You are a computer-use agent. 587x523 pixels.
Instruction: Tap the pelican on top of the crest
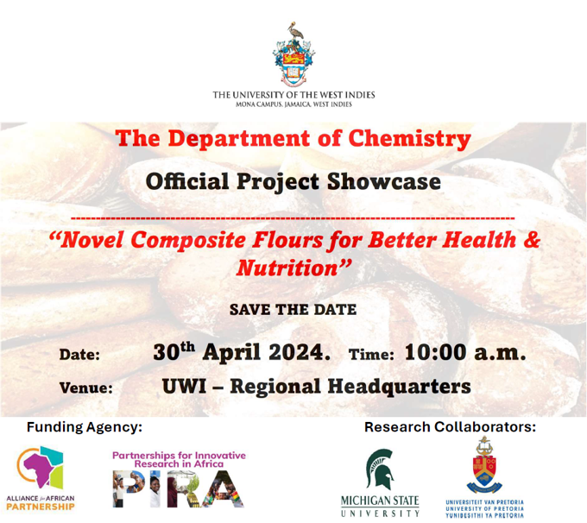(x=296, y=31)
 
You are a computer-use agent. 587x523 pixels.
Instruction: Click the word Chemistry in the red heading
(x=409, y=139)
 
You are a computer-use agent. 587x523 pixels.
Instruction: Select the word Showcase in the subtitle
(x=384, y=182)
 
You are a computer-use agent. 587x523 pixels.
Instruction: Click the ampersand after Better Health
(x=532, y=240)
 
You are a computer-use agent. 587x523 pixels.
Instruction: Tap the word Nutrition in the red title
(x=287, y=268)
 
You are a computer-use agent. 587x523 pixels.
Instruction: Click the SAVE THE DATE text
(x=293, y=310)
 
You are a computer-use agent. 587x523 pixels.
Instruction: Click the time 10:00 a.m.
(x=465, y=352)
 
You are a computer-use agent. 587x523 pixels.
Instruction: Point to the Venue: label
(x=86, y=388)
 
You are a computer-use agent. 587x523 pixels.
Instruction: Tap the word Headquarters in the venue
(x=399, y=387)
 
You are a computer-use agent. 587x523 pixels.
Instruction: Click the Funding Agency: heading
(x=85, y=427)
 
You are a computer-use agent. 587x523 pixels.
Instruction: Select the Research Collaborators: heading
(x=450, y=427)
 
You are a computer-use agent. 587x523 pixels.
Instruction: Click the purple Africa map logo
(x=41, y=467)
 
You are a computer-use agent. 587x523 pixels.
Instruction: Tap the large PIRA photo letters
(x=178, y=489)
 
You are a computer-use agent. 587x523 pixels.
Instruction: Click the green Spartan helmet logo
(x=380, y=469)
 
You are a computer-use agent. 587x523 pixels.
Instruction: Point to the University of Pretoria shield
(x=484, y=465)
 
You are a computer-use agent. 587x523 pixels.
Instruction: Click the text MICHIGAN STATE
(x=380, y=501)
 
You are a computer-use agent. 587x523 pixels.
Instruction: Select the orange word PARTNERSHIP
(x=41, y=507)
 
